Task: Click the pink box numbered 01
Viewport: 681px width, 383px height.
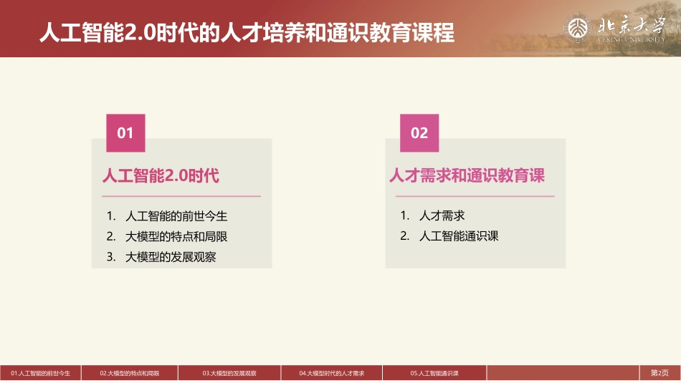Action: coord(125,133)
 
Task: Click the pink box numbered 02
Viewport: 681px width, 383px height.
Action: coord(419,133)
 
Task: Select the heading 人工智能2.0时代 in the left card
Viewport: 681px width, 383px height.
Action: coord(161,175)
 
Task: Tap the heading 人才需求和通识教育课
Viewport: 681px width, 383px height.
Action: coord(467,175)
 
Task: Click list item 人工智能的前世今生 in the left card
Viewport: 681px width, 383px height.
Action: coord(176,215)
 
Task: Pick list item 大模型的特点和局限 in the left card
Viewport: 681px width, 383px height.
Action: coord(176,236)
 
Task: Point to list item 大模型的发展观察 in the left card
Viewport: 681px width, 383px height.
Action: coord(171,257)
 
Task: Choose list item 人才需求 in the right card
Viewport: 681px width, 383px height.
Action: coord(442,215)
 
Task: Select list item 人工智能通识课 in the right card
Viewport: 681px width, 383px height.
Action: coord(459,236)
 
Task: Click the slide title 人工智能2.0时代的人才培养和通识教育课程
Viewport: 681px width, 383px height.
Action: coord(247,32)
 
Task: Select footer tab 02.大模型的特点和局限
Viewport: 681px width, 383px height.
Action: coord(130,373)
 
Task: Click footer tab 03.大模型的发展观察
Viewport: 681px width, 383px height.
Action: coord(229,373)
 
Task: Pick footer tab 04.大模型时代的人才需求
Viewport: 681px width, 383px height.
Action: coord(333,373)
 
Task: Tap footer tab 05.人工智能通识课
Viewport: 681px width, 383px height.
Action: coord(434,373)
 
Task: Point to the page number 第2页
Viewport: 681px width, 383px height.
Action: coord(659,373)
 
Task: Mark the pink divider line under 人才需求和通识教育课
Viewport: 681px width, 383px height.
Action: coord(471,195)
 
